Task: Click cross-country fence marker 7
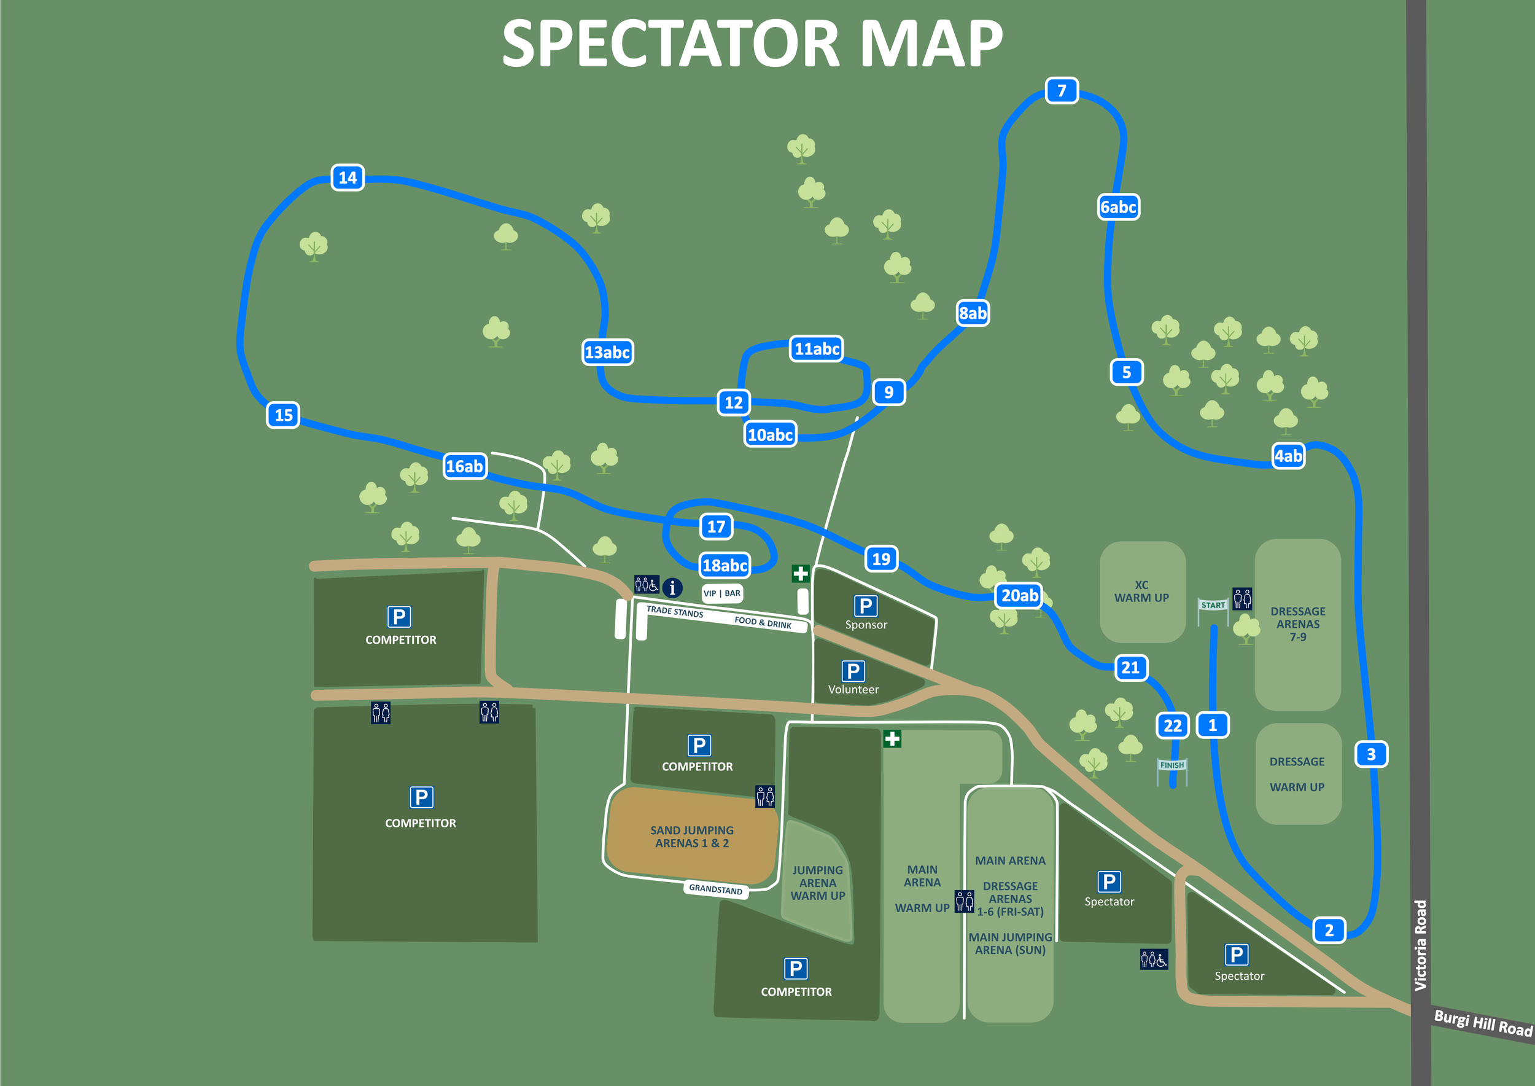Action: [1061, 90]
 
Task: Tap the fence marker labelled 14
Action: [348, 177]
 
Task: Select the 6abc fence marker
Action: [1119, 206]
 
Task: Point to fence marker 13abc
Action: [607, 352]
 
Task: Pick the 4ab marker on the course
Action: [1288, 456]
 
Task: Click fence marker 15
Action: [284, 415]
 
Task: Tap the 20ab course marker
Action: [1019, 595]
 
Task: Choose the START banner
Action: [1213, 605]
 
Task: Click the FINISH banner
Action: [1172, 765]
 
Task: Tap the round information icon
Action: [672, 588]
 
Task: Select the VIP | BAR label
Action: [722, 593]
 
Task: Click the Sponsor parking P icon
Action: [866, 606]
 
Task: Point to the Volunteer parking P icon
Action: [853, 671]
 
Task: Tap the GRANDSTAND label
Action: [715, 889]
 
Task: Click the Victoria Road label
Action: [1421, 945]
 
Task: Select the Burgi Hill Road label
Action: [1483, 1023]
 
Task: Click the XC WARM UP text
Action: [1141, 591]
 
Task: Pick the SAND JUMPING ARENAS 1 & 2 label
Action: [692, 837]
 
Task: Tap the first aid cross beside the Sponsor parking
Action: [800, 574]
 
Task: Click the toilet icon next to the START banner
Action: [1242, 598]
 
